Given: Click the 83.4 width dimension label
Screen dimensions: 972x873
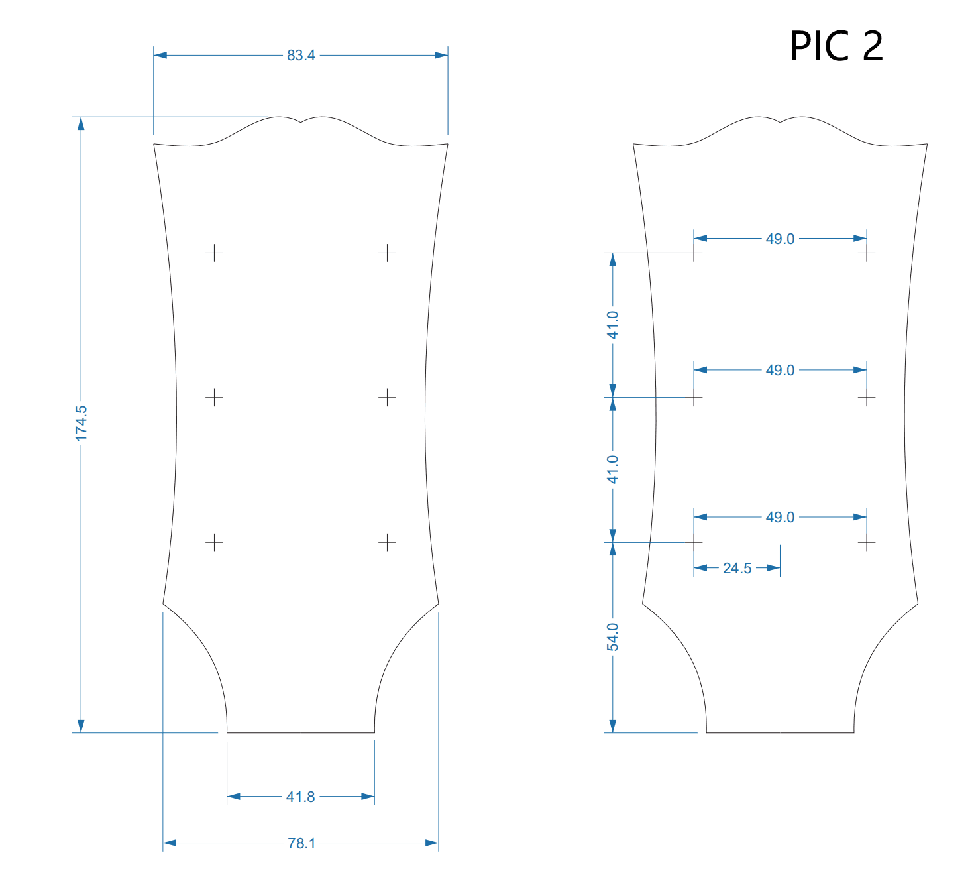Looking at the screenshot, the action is pos(301,55).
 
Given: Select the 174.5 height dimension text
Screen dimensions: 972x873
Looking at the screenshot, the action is pos(81,424).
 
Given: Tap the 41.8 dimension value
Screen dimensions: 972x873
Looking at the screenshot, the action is pos(300,797).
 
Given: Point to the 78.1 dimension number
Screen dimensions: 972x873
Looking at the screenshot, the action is pos(301,843).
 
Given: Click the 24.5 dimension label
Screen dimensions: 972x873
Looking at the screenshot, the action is pos(737,568).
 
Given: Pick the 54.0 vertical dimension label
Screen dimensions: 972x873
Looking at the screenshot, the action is pos(613,637).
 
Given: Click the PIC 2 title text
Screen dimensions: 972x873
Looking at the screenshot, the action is pos(836,46).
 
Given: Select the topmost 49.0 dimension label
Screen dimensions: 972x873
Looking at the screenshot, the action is pos(780,239).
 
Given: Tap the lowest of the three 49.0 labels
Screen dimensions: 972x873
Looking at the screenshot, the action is pos(780,517).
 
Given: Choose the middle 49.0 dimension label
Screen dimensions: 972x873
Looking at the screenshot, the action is pos(780,370).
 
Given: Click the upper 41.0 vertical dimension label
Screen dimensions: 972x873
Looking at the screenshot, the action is pos(613,325).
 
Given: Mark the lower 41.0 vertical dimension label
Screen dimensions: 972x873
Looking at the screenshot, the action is pos(613,469).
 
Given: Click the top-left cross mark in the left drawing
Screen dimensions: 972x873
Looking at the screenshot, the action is pos(214,253).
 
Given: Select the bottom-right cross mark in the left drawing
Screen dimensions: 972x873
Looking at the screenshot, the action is pos(387,542).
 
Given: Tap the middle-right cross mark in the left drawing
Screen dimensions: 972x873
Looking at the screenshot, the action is pos(387,397).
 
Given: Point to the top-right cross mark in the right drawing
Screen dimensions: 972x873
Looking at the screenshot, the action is pos(867,253).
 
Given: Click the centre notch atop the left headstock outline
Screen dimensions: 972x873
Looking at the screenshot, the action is pos(301,123).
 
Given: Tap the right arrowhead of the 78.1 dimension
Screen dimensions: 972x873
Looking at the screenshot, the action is pos(432,843).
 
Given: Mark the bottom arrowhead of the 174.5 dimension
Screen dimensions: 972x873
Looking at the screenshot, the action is pos(81,726).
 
